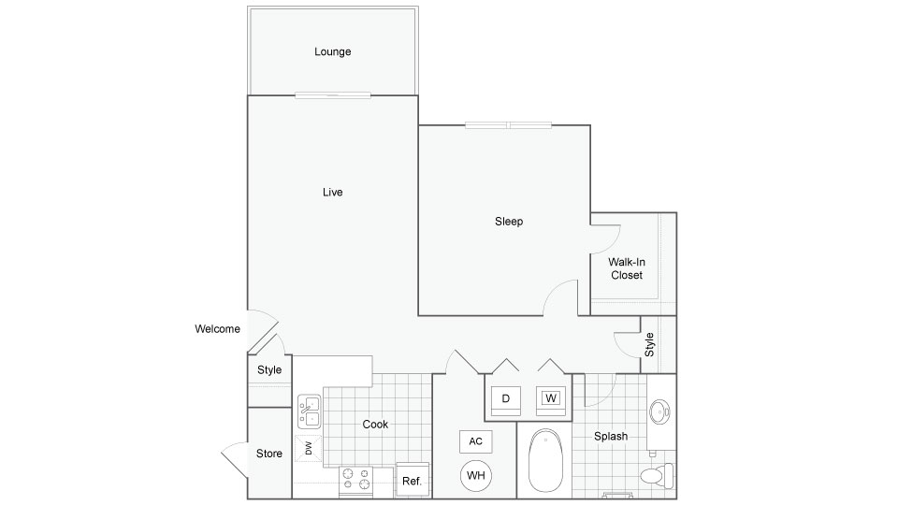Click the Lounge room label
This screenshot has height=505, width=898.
pyautogui.click(x=333, y=51)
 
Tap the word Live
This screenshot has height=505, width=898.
pyautogui.click(x=332, y=193)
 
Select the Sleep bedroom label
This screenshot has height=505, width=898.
pyautogui.click(x=509, y=222)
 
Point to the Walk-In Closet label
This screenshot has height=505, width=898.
pyautogui.click(x=627, y=268)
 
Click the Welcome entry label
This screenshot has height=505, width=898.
pyautogui.click(x=217, y=329)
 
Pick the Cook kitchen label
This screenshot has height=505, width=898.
pyautogui.click(x=375, y=425)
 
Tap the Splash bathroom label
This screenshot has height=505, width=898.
pyautogui.click(x=611, y=437)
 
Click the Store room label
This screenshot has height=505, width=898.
pyautogui.click(x=269, y=454)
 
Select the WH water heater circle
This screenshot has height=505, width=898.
pyautogui.click(x=476, y=475)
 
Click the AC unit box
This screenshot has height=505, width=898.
pyautogui.click(x=475, y=441)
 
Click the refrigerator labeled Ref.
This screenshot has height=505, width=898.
pyautogui.click(x=413, y=480)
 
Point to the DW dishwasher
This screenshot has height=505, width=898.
pyautogui.click(x=308, y=448)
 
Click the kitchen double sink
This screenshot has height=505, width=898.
pyautogui.click(x=310, y=411)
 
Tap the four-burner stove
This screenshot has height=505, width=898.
pyautogui.click(x=355, y=481)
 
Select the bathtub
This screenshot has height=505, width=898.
pyautogui.click(x=545, y=461)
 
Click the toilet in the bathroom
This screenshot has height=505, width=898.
pyautogui.click(x=657, y=476)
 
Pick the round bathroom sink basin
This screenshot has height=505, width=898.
pyautogui.click(x=659, y=411)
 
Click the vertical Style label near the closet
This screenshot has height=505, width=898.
pyautogui.click(x=649, y=345)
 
